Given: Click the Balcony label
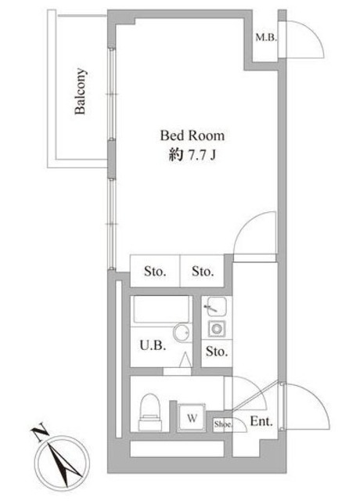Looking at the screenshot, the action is click(81, 91).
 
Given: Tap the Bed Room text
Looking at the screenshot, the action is click(192, 135).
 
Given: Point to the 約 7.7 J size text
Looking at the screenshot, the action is click(193, 155).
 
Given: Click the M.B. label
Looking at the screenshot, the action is click(266, 38).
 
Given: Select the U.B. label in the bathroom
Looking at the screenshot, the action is click(153, 345).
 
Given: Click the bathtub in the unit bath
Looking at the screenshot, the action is click(161, 309).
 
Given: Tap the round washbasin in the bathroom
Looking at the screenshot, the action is click(182, 333).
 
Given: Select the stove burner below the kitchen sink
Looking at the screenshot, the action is click(217, 329).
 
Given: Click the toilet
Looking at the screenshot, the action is click(149, 412).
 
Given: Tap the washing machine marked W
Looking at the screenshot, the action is click(191, 417).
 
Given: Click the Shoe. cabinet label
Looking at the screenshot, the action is click(223, 424).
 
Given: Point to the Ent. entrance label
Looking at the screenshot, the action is click(261, 421).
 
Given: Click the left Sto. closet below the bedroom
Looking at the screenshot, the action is click(155, 272).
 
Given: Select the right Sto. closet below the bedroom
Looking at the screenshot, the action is click(203, 272).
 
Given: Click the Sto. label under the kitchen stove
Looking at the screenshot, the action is click(217, 351).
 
